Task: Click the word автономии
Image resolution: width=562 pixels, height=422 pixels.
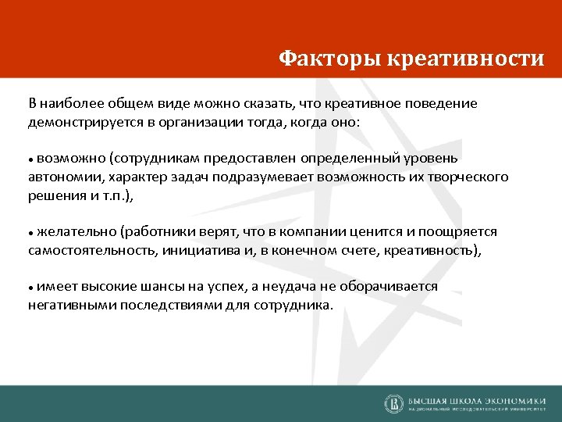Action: coord(59,177)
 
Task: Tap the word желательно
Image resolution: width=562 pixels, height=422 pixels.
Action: coord(75,232)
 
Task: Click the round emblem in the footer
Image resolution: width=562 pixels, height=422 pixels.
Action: coord(393,402)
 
